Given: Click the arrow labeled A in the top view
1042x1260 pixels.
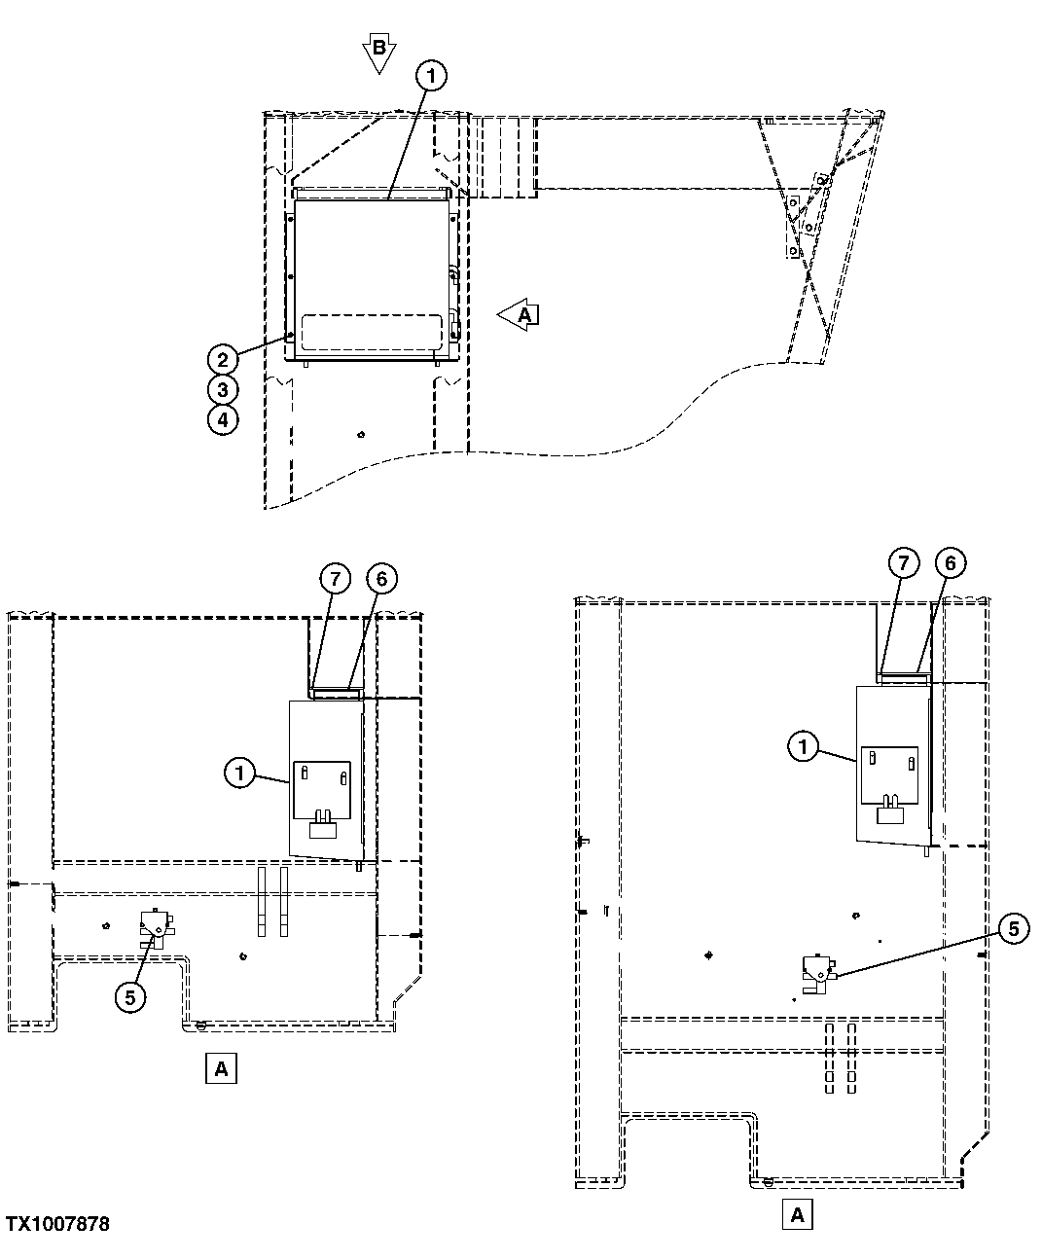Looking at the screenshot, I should tap(519, 315).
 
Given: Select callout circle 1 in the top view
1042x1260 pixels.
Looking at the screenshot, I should tap(432, 75).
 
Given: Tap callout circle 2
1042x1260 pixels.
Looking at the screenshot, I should tap(223, 359).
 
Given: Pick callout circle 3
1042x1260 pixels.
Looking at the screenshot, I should tap(223, 390).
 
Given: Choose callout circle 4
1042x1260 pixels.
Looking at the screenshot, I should tap(223, 420).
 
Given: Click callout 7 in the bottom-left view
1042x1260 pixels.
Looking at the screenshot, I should tap(335, 579).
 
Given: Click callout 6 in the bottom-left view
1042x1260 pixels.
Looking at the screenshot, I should tap(381, 579).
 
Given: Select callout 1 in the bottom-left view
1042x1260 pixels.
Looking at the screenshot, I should tap(239, 774).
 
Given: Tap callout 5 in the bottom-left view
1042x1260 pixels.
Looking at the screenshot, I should tap(131, 995).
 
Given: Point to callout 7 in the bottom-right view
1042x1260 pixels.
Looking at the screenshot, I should tap(904, 562).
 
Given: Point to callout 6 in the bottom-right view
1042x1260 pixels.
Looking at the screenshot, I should tap(950, 562).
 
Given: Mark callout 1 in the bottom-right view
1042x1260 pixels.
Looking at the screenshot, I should tap(803, 747).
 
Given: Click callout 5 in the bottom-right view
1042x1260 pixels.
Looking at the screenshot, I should tap(1013, 929).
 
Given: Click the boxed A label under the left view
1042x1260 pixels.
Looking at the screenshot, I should tap(221, 1068).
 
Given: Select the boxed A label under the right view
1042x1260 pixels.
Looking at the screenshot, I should tap(797, 1215).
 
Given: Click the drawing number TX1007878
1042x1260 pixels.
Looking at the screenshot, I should tap(57, 1224).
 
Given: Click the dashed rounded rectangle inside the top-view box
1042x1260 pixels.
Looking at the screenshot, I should tap(371, 332).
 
